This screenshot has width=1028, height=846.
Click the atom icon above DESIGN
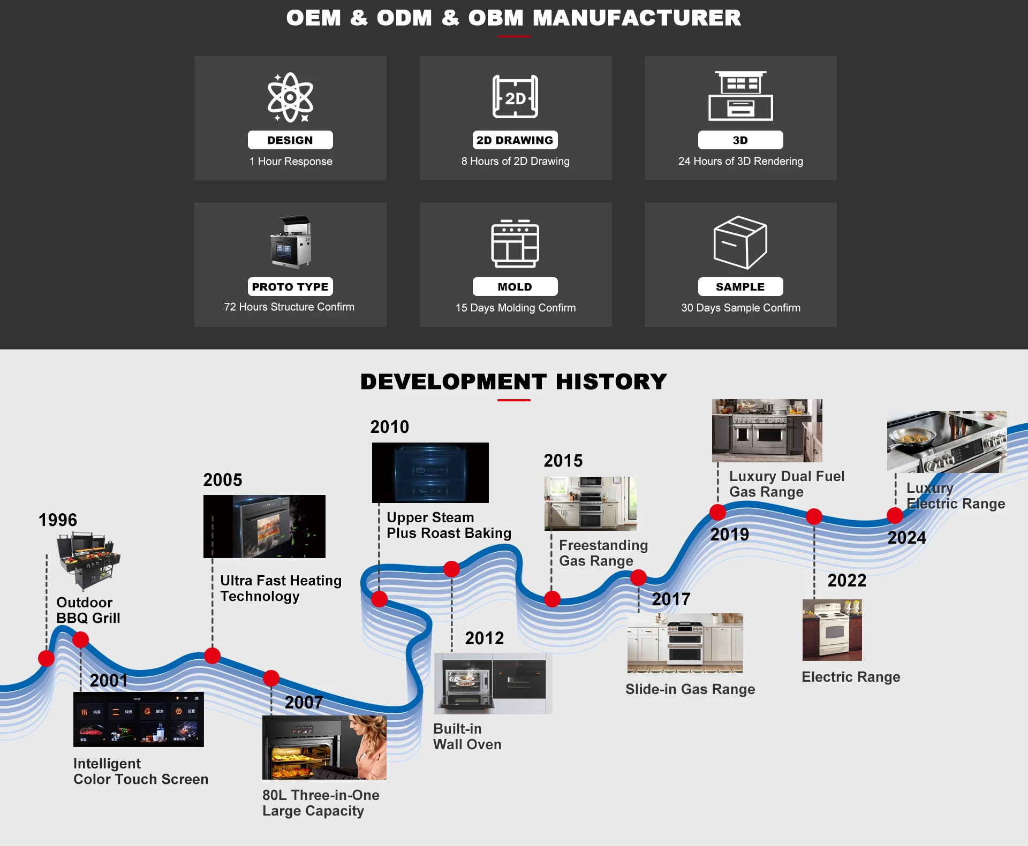click(290, 97)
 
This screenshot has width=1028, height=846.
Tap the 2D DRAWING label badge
click(515, 140)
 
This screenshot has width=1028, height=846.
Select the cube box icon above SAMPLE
click(740, 242)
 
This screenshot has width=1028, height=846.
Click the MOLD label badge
click(515, 287)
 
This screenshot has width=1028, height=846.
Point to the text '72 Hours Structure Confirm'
click(289, 307)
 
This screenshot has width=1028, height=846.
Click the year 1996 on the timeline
click(58, 520)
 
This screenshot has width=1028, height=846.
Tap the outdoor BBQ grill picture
click(89, 560)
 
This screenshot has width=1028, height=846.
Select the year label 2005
click(223, 480)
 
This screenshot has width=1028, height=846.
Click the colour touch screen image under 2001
click(139, 719)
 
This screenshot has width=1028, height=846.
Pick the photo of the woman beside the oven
click(324, 748)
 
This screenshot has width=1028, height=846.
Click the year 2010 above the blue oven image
click(390, 427)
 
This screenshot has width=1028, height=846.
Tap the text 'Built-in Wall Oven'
click(467, 737)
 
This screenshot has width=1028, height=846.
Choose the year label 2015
click(563, 461)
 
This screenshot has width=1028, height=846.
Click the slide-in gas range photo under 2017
click(685, 643)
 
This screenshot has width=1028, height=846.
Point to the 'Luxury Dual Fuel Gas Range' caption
click(787, 484)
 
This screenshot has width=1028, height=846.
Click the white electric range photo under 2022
click(832, 630)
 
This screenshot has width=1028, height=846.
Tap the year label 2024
click(907, 538)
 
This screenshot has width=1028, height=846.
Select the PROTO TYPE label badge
click(290, 287)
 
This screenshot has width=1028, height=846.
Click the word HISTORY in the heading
click(611, 382)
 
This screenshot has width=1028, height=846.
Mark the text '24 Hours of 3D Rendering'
click(741, 161)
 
